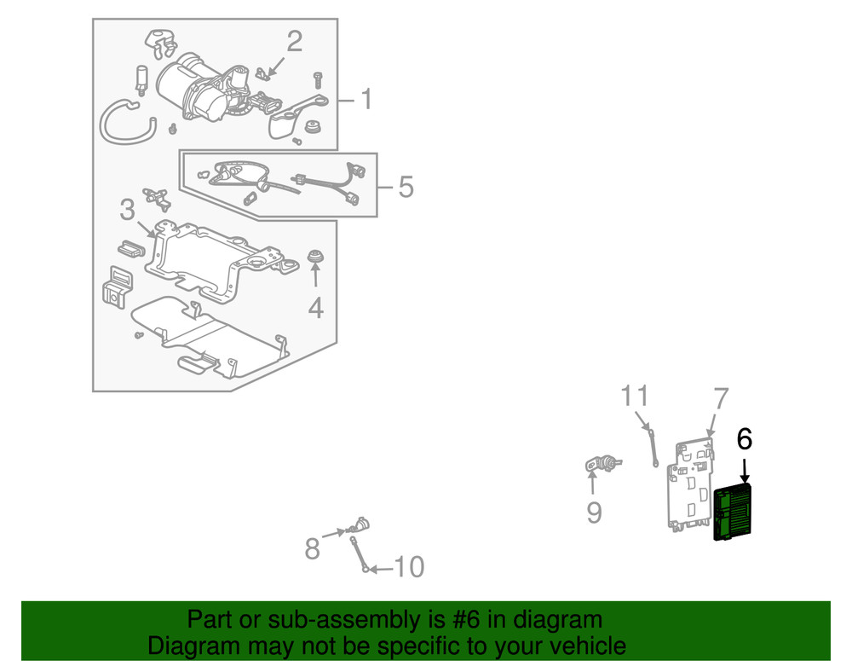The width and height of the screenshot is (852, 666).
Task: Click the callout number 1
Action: pos(366,101)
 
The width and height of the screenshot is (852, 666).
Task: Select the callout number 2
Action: pos(294,41)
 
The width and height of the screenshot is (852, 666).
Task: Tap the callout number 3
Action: pos(127,210)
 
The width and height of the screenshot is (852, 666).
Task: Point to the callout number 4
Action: pos(316,307)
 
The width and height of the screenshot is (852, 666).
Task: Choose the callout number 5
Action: pos(406,186)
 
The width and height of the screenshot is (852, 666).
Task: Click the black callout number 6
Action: pos(744,440)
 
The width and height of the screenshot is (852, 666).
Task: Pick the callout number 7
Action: pos(721,398)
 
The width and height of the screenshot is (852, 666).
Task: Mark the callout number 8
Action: pos(313,548)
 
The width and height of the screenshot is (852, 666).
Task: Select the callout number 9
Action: pos(594,512)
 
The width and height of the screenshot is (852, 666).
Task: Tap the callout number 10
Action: pos(410,567)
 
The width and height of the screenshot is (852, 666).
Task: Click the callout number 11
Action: pos(635,396)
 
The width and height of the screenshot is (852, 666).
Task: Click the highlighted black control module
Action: pos(732,513)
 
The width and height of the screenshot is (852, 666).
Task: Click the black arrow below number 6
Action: pos(744,469)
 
